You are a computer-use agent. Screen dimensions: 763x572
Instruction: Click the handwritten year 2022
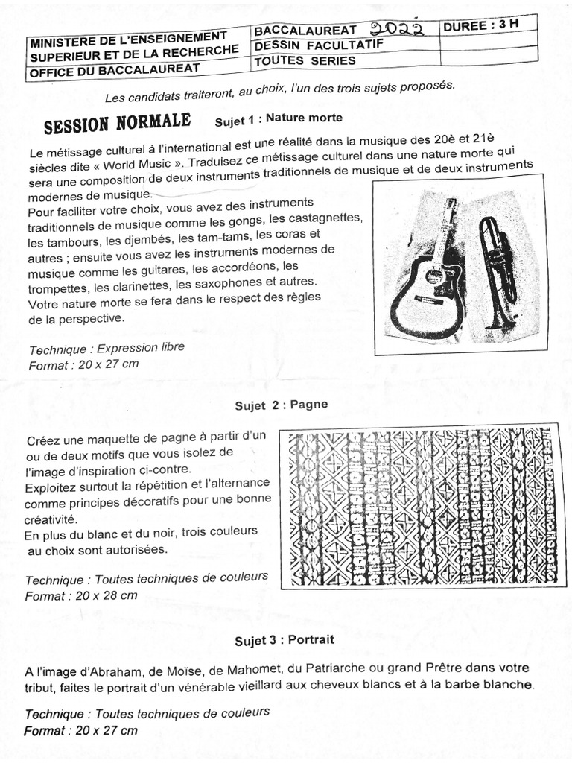pos(398,28)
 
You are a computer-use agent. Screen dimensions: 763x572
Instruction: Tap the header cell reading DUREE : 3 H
pos(480,24)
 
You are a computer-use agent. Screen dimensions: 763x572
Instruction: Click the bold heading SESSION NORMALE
pos(117,123)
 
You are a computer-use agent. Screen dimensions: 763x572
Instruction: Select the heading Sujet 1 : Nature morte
pos(278,118)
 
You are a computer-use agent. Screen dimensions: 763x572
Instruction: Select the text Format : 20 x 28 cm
pos(81,596)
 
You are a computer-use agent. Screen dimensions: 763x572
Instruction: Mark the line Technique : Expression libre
pos(106,348)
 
